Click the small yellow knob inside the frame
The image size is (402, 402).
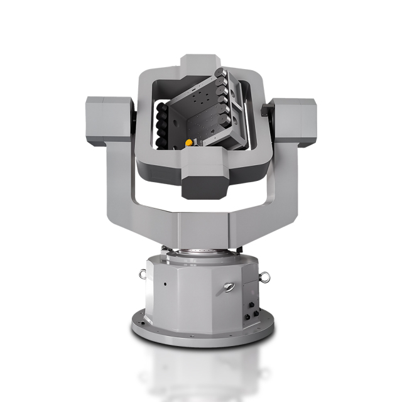[188, 142]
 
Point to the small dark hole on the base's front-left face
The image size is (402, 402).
[165, 284]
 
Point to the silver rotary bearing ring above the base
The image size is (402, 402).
[201, 252]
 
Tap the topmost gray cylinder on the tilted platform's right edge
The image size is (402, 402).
[220, 74]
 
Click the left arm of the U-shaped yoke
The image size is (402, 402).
[119, 188]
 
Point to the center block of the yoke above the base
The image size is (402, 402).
[202, 229]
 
